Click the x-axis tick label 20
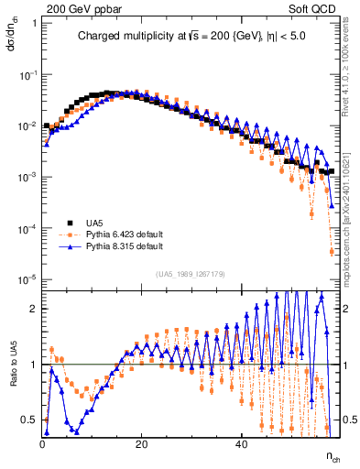click(141, 444)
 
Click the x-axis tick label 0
click(43, 444)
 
